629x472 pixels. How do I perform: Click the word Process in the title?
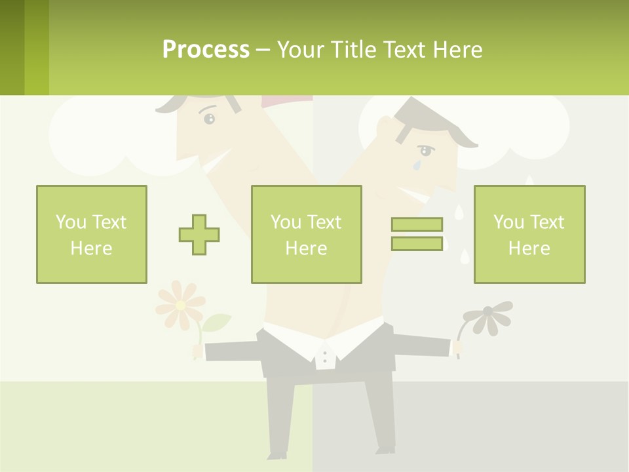[206, 50]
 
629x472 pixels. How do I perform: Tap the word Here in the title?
[457, 50]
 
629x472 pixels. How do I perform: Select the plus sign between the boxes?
[199, 235]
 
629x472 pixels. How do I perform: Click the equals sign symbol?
[417, 234]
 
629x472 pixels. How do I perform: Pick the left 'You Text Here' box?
[92, 234]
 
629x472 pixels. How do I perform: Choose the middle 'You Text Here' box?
[306, 234]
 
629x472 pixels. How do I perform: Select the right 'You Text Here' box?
[529, 234]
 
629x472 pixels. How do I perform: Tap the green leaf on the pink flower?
[218, 322]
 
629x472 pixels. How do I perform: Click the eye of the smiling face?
[209, 119]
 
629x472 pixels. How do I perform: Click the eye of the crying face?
[425, 151]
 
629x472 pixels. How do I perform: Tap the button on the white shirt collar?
[324, 358]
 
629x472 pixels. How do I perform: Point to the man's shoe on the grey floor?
[385, 451]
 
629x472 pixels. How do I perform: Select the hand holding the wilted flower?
[458, 347]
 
